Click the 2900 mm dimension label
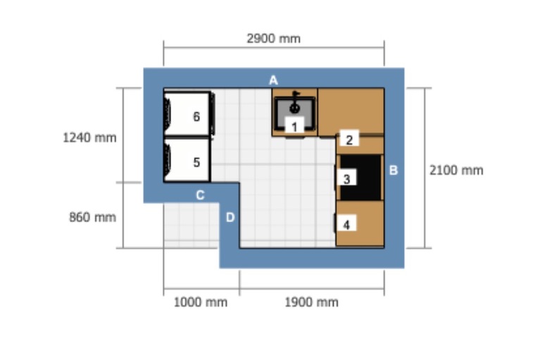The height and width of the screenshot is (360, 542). coord(273,38)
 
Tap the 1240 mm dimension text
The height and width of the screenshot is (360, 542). coord(89,137)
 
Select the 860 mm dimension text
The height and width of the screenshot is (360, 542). coord(93,217)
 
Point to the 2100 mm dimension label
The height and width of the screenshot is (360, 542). coord(456,170)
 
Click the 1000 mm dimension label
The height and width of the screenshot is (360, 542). coord(201,302)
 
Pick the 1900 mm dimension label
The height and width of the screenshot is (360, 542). coord(311,302)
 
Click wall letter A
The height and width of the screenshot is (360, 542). coord(273,80)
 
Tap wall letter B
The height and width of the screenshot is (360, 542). coord(393,170)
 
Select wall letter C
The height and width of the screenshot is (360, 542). coord(200,195)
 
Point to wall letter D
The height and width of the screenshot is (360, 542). coord(230,217)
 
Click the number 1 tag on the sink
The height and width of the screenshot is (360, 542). coord(294,125)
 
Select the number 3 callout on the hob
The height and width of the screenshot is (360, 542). coord(347,178)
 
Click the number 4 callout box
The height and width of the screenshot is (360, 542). coord(346,223)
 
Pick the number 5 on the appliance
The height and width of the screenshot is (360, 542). coord(196,162)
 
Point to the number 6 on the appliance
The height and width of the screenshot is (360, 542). coord(196,116)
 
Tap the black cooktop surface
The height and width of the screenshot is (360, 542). coord(361,178)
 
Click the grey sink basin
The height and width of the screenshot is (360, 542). coord(295,111)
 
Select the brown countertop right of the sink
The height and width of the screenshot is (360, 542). coord(351,111)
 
